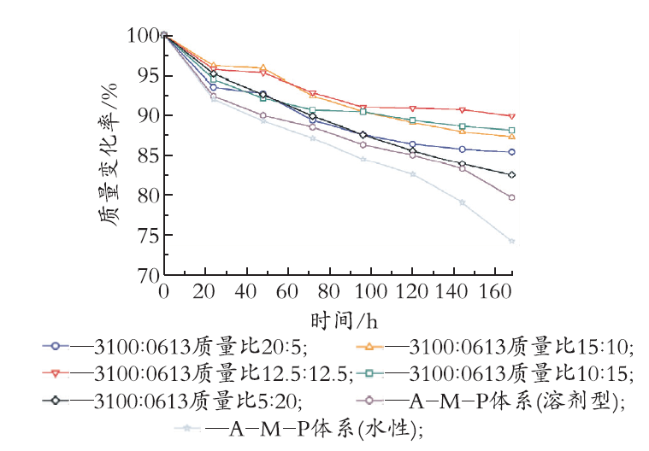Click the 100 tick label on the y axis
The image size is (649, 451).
(x=143, y=36)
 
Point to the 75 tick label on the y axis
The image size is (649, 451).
(x=149, y=235)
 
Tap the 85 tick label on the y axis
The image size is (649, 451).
(x=149, y=155)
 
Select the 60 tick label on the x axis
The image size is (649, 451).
(x=286, y=292)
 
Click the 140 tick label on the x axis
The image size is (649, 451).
(x=451, y=292)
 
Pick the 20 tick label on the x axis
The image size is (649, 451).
(x=204, y=292)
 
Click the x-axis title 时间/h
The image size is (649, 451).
(x=345, y=321)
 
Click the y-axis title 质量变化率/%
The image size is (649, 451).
(x=109, y=155)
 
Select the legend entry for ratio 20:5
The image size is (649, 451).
(x=175, y=347)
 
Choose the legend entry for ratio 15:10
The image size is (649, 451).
(x=494, y=347)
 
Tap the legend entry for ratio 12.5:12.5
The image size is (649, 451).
(x=198, y=373)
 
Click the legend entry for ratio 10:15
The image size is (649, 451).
(x=494, y=373)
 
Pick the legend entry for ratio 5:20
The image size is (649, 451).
(x=172, y=401)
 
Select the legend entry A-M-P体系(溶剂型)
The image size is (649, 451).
(x=491, y=401)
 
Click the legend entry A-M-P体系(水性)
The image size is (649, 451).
(x=298, y=429)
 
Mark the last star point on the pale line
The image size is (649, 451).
(x=511, y=242)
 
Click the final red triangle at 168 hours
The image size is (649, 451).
(x=511, y=116)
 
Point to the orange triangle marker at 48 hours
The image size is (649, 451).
(x=263, y=67)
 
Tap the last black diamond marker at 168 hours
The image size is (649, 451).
(x=511, y=175)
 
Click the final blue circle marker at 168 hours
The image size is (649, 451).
(x=511, y=152)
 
